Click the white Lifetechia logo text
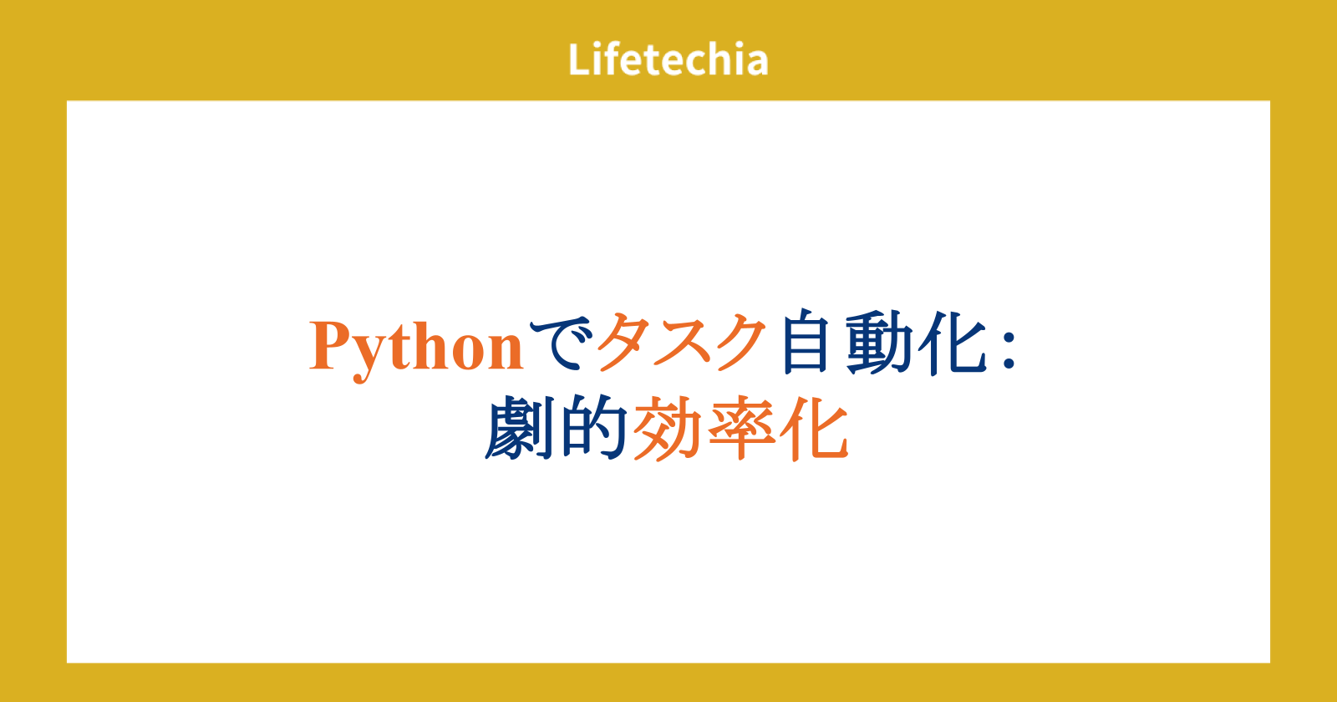(x=668, y=59)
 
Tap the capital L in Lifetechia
(x=579, y=59)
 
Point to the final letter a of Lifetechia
(x=756, y=64)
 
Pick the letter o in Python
(x=469, y=354)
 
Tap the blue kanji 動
(x=878, y=343)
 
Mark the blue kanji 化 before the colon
(x=952, y=343)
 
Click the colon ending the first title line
(x=1009, y=350)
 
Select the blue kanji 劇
(x=519, y=427)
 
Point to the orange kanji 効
(x=667, y=428)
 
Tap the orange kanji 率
(x=741, y=428)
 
